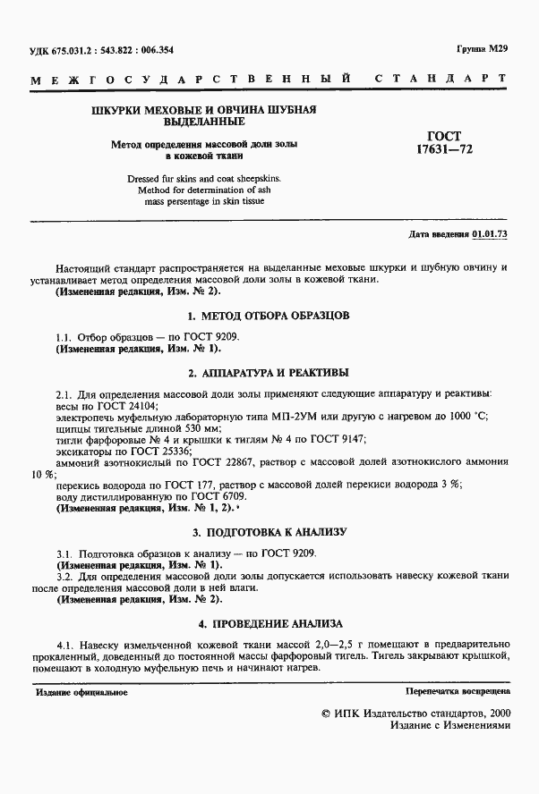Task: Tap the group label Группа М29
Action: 483,50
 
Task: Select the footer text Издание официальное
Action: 81,692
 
